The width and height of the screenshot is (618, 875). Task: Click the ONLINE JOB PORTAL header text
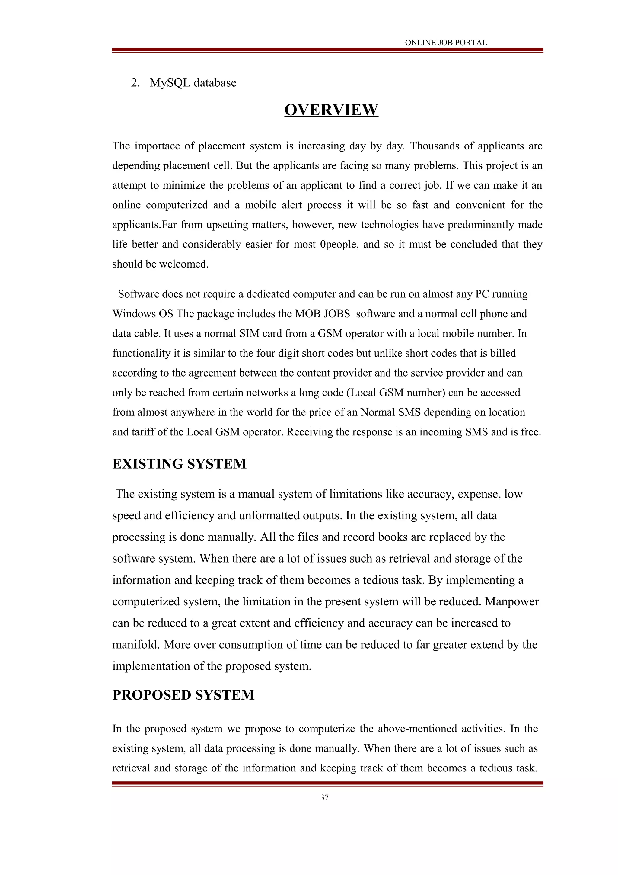pyautogui.click(x=445, y=43)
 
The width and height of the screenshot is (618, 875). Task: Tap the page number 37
pyautogui.click(x=324, y=798)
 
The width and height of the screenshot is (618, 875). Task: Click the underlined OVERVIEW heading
pyautogui.click(x=331, y=110)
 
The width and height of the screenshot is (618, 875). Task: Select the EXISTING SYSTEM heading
pyautogui.click(x=179, y=464)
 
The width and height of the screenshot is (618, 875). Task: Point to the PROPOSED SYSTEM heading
pyautogui.click(x=183, y=695)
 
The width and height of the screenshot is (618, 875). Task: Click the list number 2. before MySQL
pyautogui.click(x=135, y=83)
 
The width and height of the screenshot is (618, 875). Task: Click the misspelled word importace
pyautogui.click(x=157, y=146)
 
